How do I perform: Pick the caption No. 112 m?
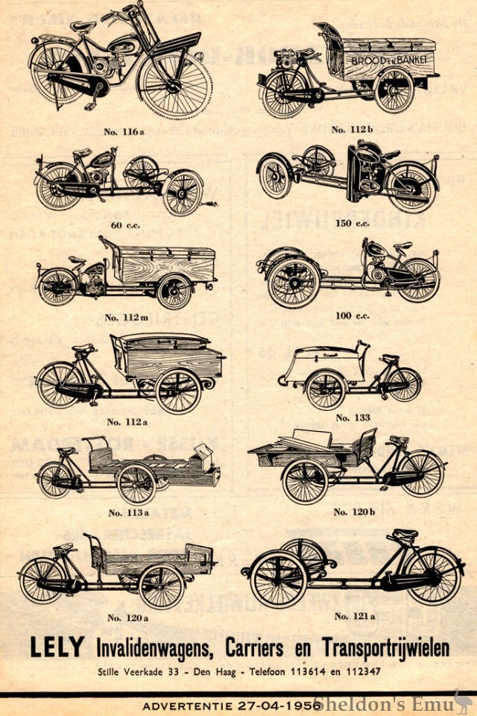tap(123, 317)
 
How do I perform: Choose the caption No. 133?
tap(353, 417)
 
